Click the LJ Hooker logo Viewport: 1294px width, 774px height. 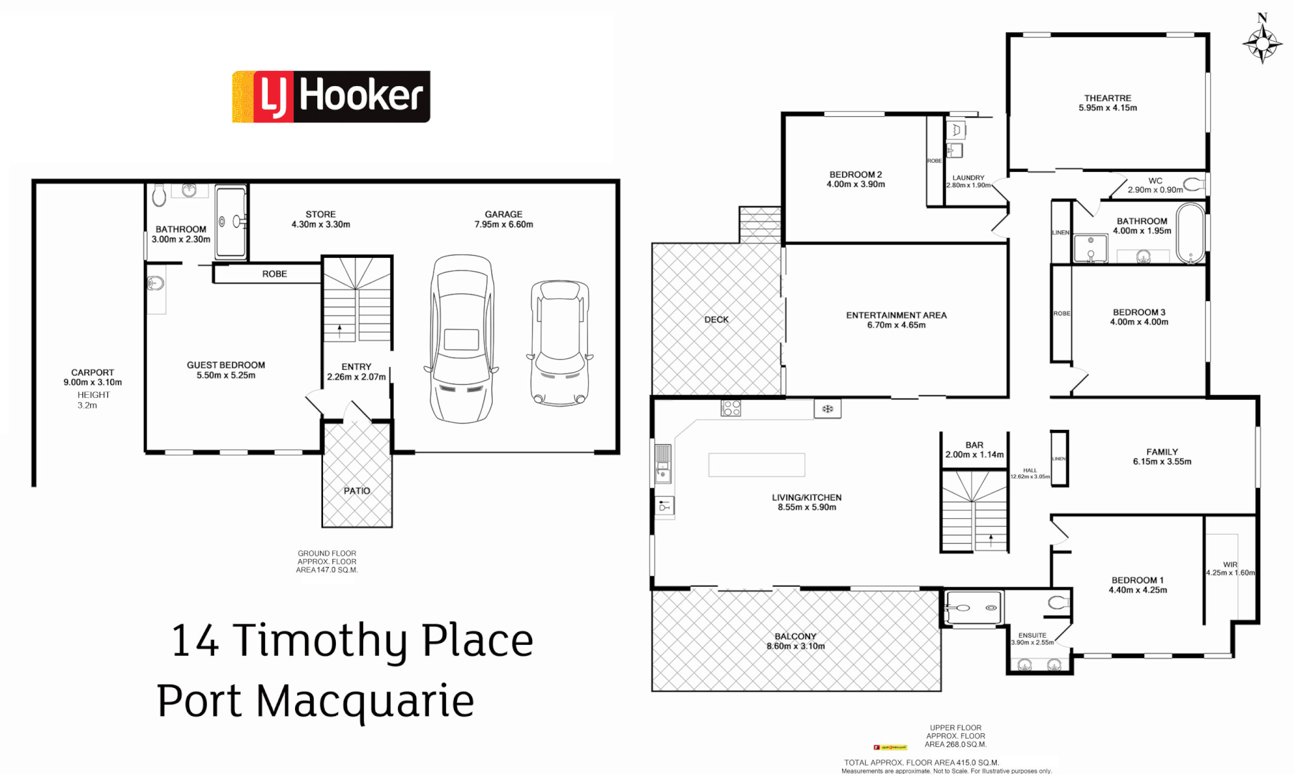pos(331,97)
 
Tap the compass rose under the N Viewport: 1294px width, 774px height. pos(1262,44)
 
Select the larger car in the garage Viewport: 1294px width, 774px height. pos(462,339)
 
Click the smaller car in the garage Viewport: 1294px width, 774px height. pos(559,343)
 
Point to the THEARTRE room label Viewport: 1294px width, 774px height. pos(1107,98)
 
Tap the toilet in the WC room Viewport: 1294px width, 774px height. pos(1194,184)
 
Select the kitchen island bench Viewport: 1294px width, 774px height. pos(756,465)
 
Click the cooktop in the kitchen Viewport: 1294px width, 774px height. pos(731,408)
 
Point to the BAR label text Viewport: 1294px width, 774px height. pos(974,445)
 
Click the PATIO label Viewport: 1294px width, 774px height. pos(357,491)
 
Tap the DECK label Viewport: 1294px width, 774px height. pos(716,320)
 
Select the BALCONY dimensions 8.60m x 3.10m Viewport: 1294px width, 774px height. pos(796,646)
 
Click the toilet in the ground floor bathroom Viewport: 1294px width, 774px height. pos(159,194)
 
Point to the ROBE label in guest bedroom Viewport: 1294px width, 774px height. pos(274,274)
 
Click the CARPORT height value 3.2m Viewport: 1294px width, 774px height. pos(87,406)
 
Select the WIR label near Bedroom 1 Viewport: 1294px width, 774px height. pos(1230,565)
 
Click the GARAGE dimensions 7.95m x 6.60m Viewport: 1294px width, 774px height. pos(503,224)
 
